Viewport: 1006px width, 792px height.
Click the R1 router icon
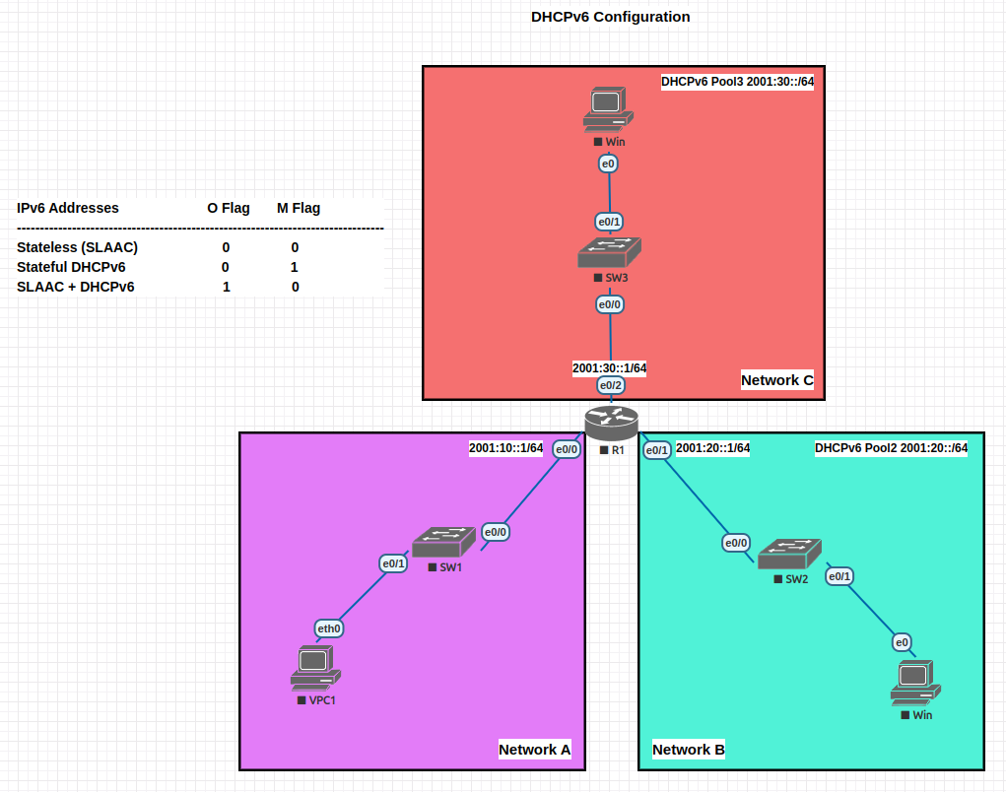click(611, 424)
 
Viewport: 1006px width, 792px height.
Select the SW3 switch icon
click(609, 252)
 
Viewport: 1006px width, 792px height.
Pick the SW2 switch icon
click(789, 554)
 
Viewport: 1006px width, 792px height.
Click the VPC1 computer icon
click(315, 668)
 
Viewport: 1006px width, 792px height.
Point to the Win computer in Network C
click(608, 108)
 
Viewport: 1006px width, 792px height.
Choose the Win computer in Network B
click(915, 683)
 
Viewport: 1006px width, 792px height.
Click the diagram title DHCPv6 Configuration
click(611, 17)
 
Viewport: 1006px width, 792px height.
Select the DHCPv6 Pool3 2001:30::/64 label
click(737, 82)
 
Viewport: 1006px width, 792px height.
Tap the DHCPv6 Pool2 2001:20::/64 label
click(891, 448)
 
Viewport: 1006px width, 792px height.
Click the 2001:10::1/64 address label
click(505, 448)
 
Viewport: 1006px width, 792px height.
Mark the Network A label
click(534, 750)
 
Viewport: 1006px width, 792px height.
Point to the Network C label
click(776, 380)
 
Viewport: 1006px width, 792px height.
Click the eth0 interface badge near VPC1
click(329, 628)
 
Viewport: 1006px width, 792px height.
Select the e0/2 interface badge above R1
click(611, 385)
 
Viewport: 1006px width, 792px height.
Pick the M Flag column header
click(298, 208)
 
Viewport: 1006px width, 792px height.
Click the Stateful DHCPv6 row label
click(71, 267)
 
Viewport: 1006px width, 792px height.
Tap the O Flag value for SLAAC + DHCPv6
click(227, 287)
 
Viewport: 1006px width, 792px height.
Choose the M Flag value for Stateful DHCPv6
click(295, 267)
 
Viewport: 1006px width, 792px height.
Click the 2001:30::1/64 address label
click(609, 367)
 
